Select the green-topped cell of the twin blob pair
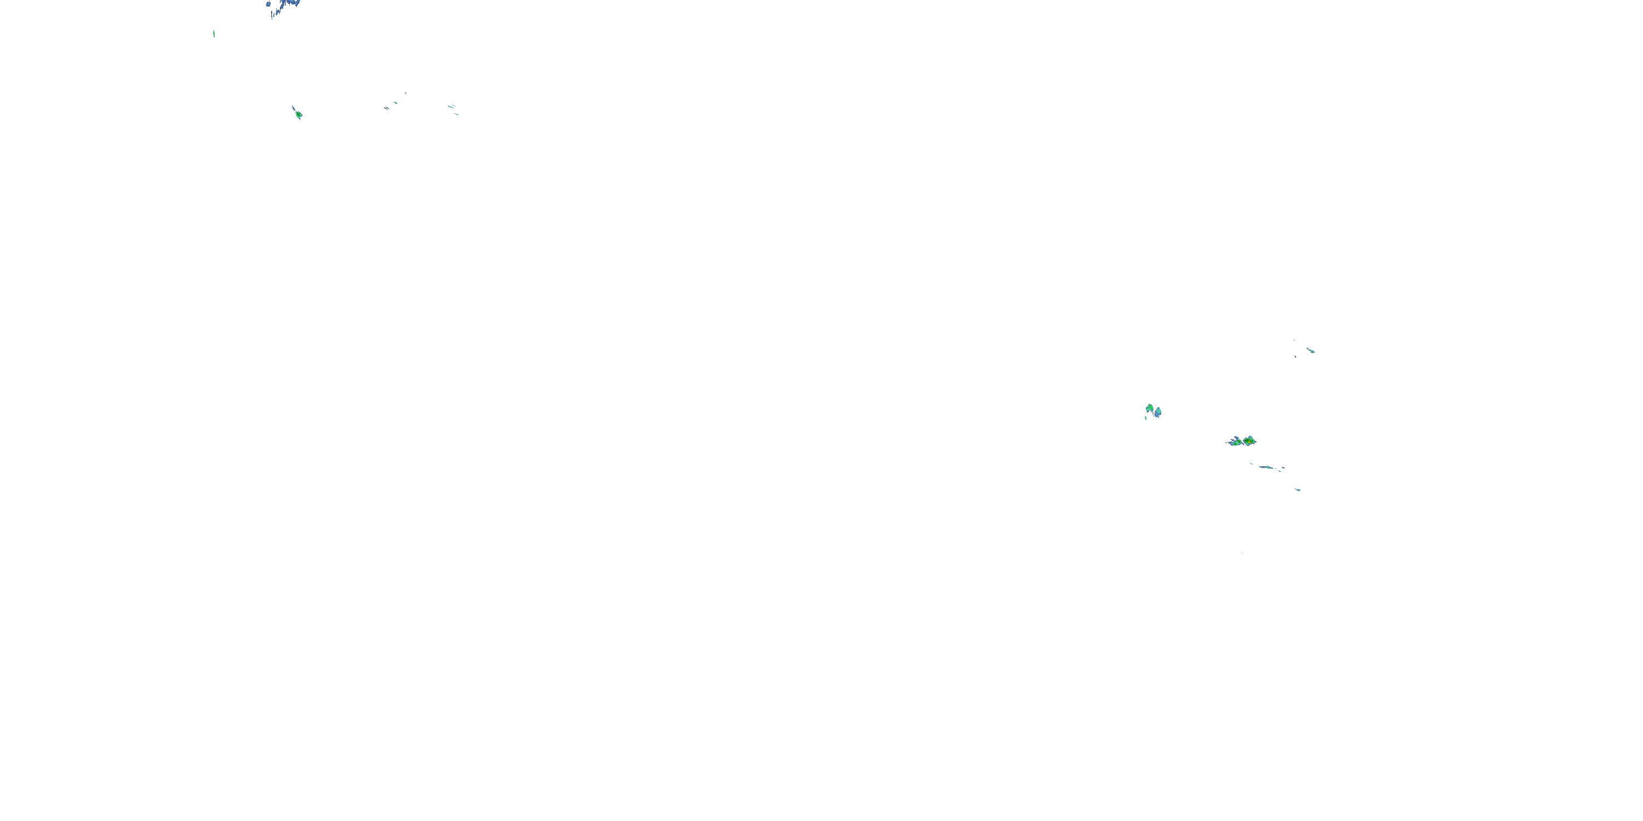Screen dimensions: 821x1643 point(1150,408)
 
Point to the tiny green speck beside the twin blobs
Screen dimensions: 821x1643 point(1146,418)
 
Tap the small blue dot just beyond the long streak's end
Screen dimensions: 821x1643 point(1283,468)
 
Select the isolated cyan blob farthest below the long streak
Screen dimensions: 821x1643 point(1297,489)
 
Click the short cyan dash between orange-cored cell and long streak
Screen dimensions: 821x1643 point(1252,464)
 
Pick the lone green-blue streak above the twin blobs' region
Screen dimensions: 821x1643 point(1310,350)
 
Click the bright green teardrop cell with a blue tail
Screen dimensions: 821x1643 point(298,115)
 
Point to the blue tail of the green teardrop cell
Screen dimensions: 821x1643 point(294,108)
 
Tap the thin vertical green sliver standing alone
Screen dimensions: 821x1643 point(214,34)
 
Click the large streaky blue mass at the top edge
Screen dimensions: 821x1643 point(287,5)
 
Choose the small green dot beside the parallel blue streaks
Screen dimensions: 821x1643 point(395,102)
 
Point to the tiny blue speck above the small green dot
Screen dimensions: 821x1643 point(405,93)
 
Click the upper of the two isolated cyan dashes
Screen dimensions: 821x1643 point(451,106)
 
